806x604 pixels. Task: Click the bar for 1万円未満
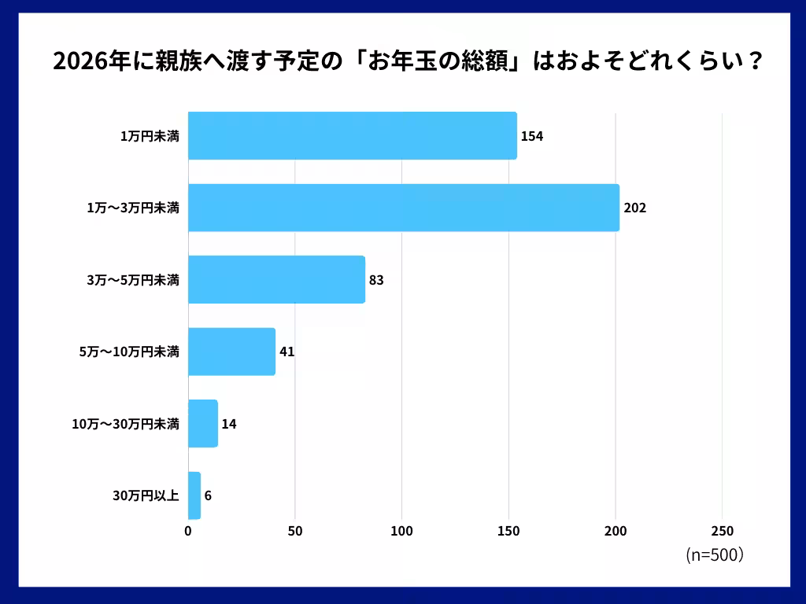point(352,136)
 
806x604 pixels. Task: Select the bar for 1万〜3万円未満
point(403,208)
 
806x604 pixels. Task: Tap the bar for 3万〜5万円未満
point(276,279)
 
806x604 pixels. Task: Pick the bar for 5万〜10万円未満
point(231,352)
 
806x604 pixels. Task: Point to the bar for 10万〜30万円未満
point(203,424)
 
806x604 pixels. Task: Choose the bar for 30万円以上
point(194,495)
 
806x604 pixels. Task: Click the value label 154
point(532,136)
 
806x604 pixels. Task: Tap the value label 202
point(634,208)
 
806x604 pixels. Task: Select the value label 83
point(376,280)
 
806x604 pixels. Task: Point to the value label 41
point(287,352)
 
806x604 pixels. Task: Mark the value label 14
point(229,424)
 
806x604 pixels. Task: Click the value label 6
point(208,495)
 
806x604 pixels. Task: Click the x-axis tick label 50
point(295,531)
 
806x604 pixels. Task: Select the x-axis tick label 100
point(401,531)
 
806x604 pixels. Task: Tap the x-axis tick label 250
point(722,531)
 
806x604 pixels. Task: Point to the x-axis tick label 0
point(188,531)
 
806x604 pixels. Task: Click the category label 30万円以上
point(146,496)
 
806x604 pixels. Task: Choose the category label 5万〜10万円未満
point(129,352)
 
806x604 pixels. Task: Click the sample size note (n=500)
point(715,554)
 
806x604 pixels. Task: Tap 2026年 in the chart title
point(87,62)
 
